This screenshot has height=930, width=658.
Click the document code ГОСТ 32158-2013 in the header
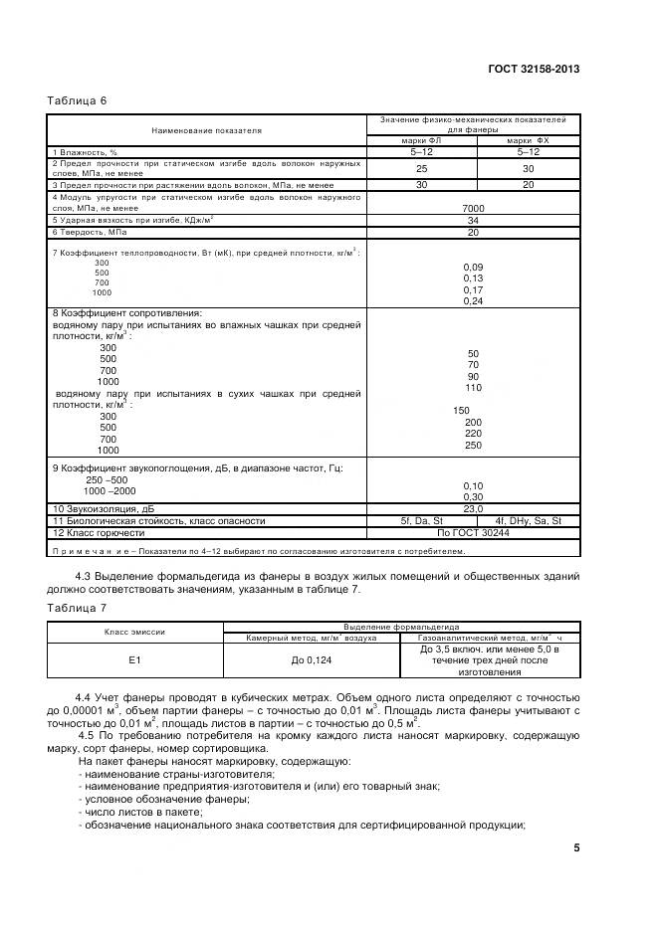click(x=534, y=69)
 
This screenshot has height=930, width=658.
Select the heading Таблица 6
click(x=77, y=100)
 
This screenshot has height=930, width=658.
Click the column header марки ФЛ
click(x=421, y=140)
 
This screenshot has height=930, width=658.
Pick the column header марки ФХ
click(x=528, y=140)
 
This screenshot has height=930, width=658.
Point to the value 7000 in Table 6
click(x=473, y=207)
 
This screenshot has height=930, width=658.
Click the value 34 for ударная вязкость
click(x=473, y=220)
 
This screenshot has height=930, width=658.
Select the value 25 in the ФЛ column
click(x=421, y=168)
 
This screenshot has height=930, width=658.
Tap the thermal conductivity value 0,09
click(x=473, y=267)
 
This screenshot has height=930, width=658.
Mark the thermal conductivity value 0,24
click(x=473, y=301)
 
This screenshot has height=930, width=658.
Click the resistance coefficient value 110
click(x=473, y=388)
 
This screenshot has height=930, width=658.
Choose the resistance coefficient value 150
click(x=461, y=411)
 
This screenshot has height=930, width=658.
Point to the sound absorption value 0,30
click(x=473, y=496)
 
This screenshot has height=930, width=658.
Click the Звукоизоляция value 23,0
click(x=473, y=508)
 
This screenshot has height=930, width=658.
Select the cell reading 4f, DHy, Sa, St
click(x=528, y=520)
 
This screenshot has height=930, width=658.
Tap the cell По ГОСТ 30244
click(x=473, y=532)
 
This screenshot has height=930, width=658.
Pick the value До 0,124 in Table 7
click(x=311, y=660)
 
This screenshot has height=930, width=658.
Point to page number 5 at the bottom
click(x=576, y=847)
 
